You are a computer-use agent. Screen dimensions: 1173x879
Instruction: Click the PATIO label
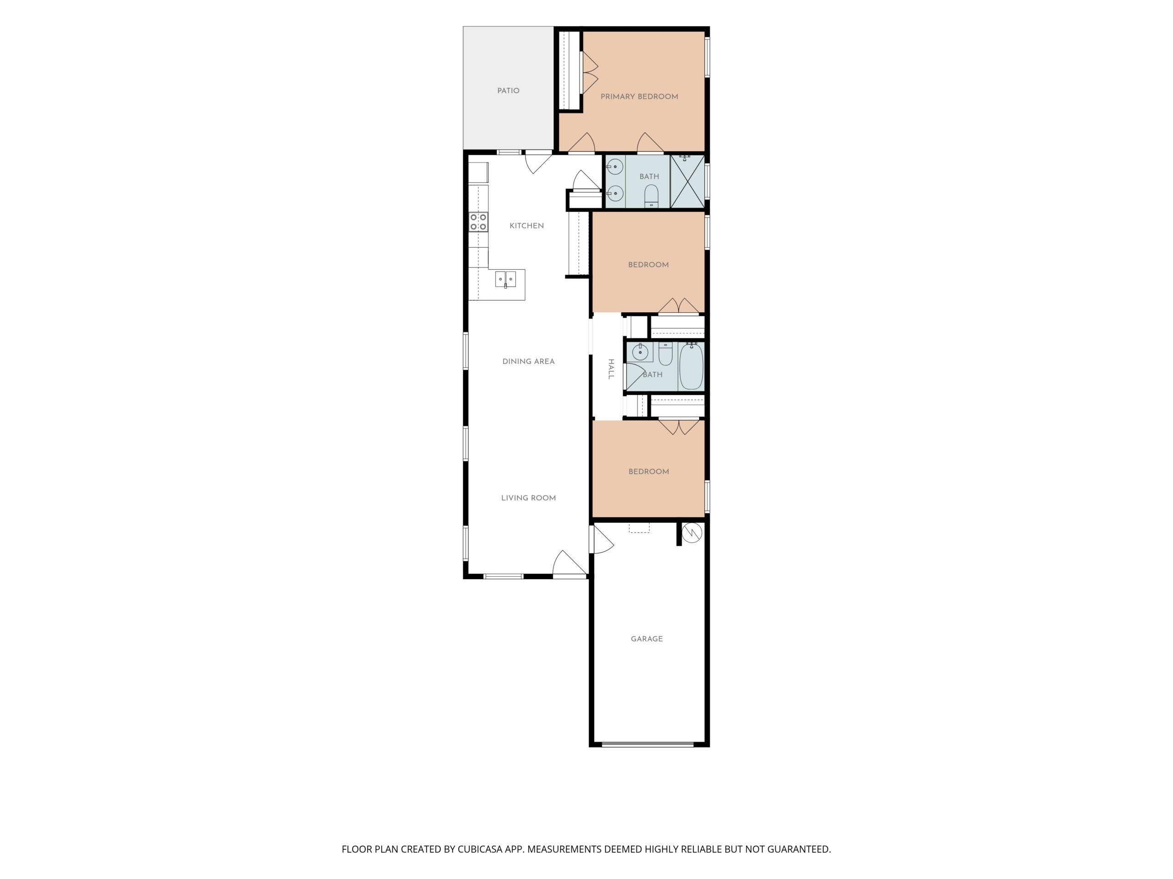508,91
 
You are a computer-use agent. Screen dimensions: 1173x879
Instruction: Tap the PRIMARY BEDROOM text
639,97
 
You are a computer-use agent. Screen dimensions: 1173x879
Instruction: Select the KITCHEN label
526,226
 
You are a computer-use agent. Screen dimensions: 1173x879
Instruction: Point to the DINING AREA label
528,361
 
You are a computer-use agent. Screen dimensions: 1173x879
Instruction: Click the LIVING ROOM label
528,498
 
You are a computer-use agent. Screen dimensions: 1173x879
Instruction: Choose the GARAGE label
647,639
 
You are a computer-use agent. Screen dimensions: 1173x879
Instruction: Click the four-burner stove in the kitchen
478,222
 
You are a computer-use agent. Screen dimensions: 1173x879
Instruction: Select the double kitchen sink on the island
505,279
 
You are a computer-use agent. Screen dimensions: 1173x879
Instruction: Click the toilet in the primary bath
651,195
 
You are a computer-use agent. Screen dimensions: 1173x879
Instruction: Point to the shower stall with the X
687,181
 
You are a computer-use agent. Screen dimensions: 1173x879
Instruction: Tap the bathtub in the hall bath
691,366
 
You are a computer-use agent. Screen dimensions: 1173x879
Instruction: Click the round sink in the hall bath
640,352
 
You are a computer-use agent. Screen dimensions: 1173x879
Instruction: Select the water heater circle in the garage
691,533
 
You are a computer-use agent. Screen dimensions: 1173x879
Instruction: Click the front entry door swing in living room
569,563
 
